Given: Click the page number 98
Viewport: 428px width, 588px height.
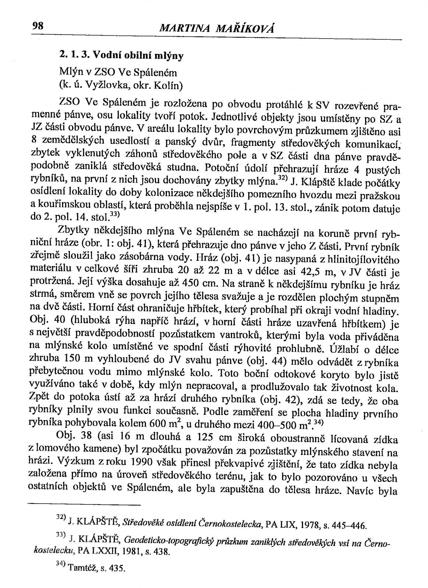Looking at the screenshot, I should [x=38, y=26].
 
